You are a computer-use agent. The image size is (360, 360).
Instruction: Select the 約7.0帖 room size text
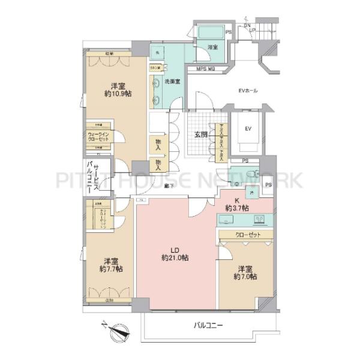245,277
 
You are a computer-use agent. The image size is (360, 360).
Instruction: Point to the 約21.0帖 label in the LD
175,257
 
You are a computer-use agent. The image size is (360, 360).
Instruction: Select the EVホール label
248,91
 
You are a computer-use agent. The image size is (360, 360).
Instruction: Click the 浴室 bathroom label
212,47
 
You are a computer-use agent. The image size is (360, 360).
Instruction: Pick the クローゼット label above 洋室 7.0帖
248,235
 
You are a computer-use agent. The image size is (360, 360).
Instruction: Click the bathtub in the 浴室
209,31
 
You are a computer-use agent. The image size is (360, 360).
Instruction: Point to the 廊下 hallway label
170,187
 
